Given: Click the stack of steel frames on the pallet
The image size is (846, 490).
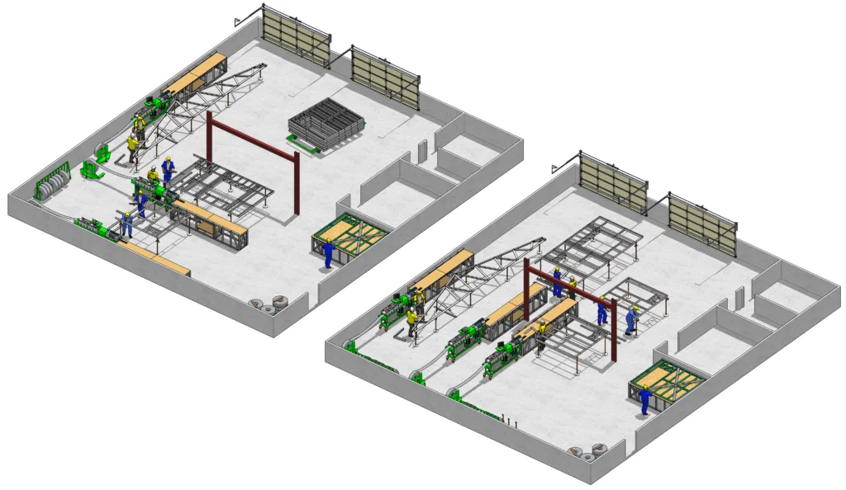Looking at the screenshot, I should click(x=326, y=126).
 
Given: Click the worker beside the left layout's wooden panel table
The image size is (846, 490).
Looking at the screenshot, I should click(x=328, y=253).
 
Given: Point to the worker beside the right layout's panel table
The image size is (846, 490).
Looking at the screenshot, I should click(x=644, y=399).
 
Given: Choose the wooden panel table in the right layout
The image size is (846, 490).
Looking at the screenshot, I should click(x=667, y=381).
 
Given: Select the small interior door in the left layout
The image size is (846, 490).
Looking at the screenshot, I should click(x=423, y=152).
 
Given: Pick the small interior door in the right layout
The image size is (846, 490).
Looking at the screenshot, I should click(x=740, y=298).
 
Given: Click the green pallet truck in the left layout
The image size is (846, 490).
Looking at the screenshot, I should click(x=90, y=169).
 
